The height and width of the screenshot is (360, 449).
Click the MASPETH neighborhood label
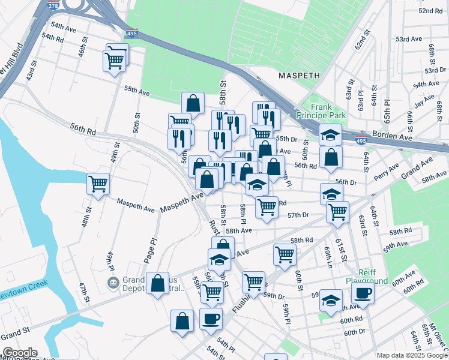pyautogui.click(x=299, y=76)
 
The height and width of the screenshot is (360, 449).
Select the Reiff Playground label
pyautogui.click(x=366, y=276)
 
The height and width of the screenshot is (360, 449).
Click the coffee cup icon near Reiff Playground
pyautogui.click(x=363, y=293)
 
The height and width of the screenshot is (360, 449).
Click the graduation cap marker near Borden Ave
pyautogui.click(x=330, y=134)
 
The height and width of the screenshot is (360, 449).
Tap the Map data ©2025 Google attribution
pyautogui.click(x=411, y=355)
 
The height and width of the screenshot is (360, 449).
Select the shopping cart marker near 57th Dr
pyautogui.click(x=337, y=211)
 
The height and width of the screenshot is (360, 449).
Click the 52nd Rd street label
pyautogui.click(x=430, y=11)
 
